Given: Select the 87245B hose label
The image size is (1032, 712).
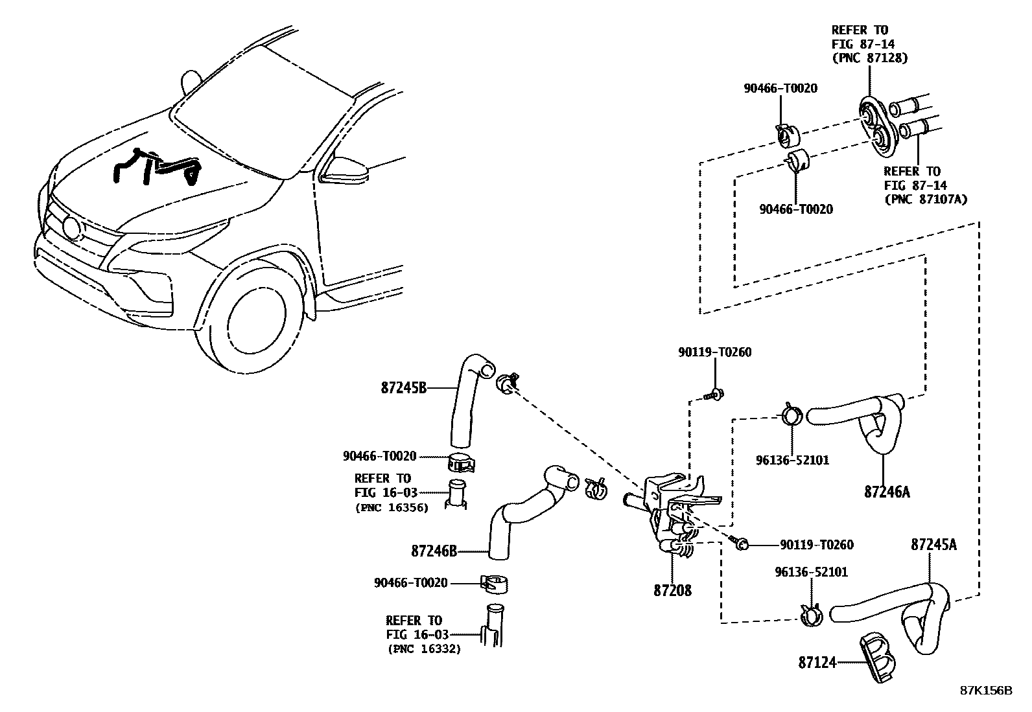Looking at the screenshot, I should [x=403, y=388].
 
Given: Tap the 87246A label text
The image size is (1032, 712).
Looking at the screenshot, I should [x=886, y=492].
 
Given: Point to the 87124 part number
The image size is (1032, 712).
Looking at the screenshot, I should [x=817, y=663].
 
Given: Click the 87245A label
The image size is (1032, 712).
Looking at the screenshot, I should [x=933, y=545].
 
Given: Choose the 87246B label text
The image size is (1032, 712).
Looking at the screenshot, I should [x=434, y=551].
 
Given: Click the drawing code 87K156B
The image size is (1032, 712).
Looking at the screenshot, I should [x=985, y=690].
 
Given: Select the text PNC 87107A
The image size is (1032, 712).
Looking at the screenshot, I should [x=925, y=200].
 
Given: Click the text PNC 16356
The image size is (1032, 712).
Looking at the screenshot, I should [x=392, y=508].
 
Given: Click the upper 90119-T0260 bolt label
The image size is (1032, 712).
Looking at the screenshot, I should [x=714, y=352].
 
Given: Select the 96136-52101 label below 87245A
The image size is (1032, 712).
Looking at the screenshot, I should [x=811, y=572].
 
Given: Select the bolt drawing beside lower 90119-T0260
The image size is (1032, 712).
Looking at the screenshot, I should [x=741, y=543].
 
